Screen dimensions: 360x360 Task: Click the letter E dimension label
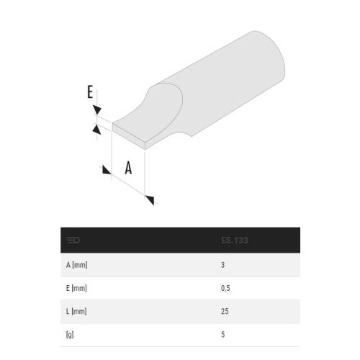click(x=90, y=91)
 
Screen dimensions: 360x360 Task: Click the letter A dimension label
click(x=129, y=168)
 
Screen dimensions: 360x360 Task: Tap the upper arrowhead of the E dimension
click(x=96, y=109)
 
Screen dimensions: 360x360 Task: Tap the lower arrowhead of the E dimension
click(x=96, y=127)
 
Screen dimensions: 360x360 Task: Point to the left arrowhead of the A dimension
click(x=106, y=170)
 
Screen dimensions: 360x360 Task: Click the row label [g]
click(x=69, y=333)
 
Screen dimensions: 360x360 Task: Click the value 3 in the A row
click(x=222, y=265)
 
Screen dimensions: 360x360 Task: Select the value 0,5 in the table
click(x=225, y=287)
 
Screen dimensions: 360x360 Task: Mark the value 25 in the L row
click(x=224, y=310)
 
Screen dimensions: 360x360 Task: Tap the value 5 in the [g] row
click(x=222, y=333)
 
